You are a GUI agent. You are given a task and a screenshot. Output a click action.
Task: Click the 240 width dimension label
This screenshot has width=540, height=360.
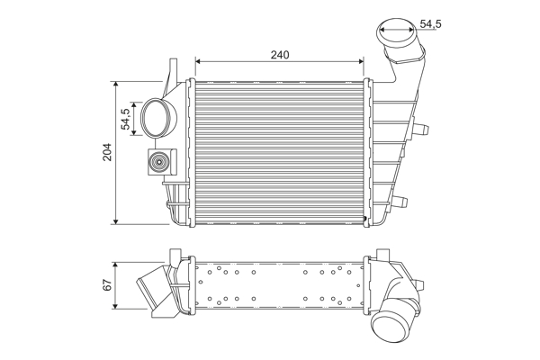280,55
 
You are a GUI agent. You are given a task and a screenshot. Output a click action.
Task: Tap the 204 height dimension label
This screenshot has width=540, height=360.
108,152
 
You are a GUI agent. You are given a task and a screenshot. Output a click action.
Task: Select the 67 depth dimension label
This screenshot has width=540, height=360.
108,284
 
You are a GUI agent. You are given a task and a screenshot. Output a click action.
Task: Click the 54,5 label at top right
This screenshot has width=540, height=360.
430,24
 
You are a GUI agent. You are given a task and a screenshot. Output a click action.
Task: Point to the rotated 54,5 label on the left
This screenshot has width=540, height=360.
126,119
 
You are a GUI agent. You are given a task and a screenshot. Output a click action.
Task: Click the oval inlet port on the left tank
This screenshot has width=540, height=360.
157,118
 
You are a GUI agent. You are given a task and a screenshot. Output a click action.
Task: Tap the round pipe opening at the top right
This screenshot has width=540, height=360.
396,31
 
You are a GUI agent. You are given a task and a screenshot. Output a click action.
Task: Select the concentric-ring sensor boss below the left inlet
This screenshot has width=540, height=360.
159,162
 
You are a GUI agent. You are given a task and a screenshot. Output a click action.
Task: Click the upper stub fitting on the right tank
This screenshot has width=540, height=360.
421,129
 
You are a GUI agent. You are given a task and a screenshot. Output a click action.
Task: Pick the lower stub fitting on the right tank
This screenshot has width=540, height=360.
400,201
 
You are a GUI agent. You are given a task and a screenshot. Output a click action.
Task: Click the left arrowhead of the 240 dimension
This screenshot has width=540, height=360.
198,62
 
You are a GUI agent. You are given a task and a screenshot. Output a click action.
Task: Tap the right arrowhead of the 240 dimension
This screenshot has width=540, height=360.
361,62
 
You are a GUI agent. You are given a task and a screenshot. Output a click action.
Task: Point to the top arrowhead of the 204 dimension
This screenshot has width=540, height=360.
116,85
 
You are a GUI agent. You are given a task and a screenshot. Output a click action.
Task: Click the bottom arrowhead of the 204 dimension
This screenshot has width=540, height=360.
116,221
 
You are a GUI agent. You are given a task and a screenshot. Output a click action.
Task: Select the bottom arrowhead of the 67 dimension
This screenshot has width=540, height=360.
116,306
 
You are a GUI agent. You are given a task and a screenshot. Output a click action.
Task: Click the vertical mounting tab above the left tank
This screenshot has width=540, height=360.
173,70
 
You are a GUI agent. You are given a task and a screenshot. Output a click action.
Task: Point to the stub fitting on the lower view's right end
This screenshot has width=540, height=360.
419,285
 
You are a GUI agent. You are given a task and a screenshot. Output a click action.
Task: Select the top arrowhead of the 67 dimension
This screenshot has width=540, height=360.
116,265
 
